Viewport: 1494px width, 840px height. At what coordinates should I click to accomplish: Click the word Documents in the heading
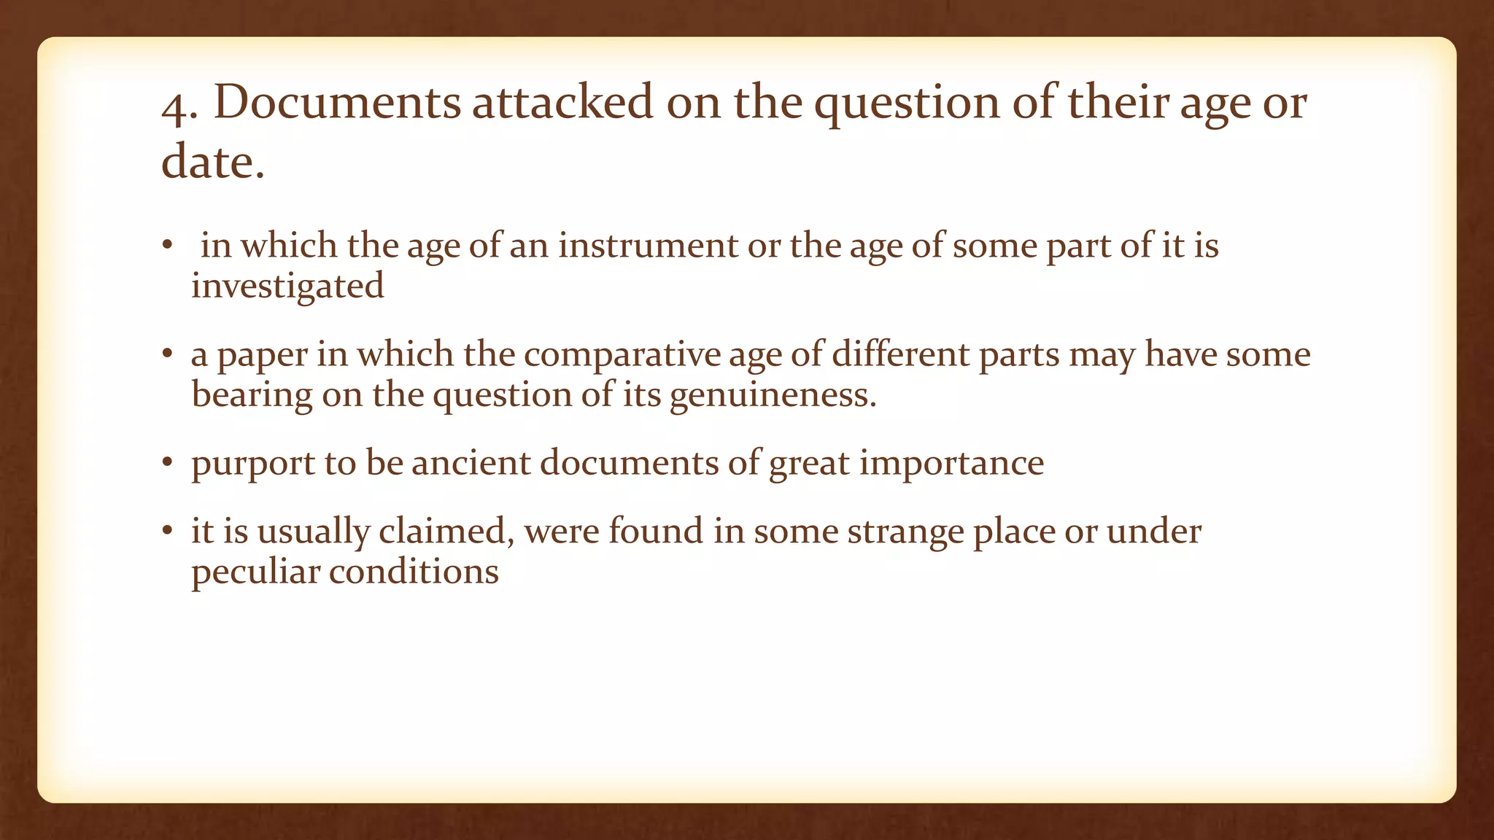337,102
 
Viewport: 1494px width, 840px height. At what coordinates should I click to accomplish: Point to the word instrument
649,245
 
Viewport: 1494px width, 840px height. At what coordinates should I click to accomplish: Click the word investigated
287,286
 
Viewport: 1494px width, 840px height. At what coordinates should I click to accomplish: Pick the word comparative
622,355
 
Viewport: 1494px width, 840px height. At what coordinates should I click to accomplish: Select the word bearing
252,395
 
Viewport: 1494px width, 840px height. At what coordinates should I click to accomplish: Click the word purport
252,464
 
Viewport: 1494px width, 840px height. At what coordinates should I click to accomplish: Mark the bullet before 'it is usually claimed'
167,531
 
